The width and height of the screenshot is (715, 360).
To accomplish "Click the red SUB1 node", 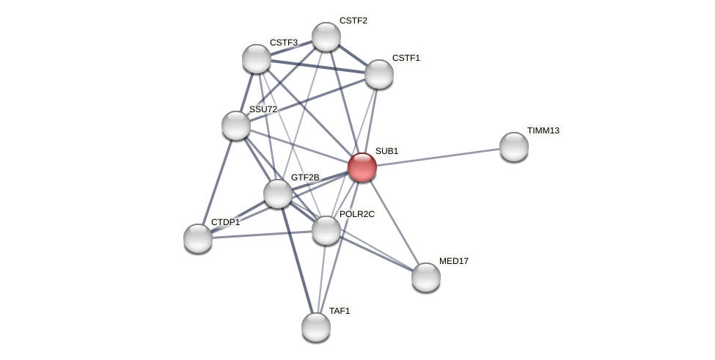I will [x=362, y=167].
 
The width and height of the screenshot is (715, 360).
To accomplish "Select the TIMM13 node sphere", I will [x=513, y=147].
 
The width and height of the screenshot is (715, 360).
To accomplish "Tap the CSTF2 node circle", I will [x=326, y=37].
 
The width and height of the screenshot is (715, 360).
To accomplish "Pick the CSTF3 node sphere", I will [x=257, y=59].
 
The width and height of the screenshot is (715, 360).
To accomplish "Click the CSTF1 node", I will [x=379, y=74].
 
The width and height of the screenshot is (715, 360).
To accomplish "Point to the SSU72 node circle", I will [x=236, y=125].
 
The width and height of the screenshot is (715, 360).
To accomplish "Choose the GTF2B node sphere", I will [x=278, y=194].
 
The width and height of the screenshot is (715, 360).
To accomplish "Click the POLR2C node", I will [x=326, y=230].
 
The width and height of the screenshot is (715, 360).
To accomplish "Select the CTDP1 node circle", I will [x=198, y=238].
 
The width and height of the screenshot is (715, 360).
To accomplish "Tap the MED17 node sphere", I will [x=426, y=277].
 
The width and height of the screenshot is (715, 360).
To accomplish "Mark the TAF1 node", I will [x=316, y=327].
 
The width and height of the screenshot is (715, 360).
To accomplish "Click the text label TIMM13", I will [x=543, y=131].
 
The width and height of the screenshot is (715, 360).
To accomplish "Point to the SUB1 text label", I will [x=386, y=151].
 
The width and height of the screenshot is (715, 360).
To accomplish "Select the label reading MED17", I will [x=453, y=261].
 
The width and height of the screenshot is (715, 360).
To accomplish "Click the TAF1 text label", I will [x=340, y=311].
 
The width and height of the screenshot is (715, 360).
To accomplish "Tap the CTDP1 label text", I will [x=224, y=222].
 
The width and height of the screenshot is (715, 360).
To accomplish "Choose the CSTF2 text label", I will [x=353, y=21].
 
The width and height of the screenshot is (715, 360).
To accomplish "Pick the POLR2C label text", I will [x=356, y=214].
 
